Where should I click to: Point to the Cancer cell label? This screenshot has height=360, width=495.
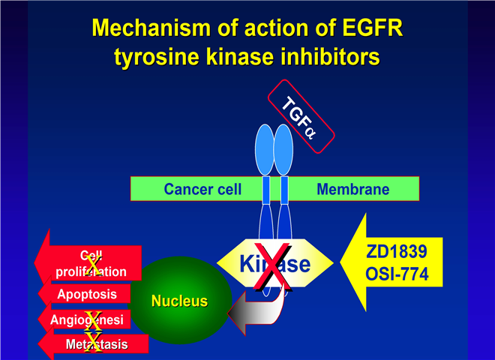202,189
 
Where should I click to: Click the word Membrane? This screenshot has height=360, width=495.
352,189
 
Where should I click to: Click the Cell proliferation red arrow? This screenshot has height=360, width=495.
90,262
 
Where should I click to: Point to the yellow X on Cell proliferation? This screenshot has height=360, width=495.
92,263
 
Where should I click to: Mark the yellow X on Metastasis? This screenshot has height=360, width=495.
92,343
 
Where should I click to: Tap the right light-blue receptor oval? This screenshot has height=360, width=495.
283,149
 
